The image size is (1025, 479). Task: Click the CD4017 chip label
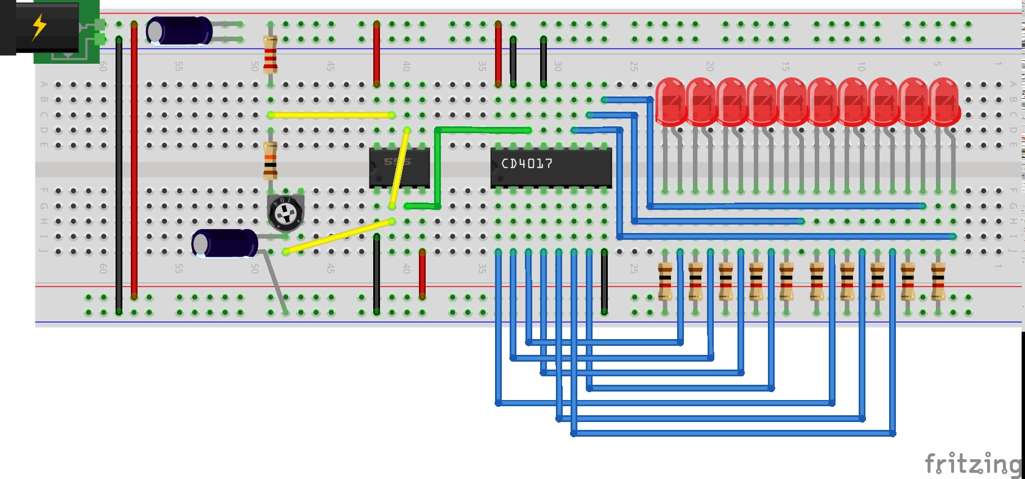(x=527, y=164)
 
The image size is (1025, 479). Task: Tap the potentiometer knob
(x=286, y=213)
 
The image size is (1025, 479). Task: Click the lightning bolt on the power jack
(x=39, y=27)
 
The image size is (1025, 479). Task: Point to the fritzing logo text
(x=973, y=464)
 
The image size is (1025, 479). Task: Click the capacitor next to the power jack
(x=179, y=30)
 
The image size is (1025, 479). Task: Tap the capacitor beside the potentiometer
(x=224, y=244)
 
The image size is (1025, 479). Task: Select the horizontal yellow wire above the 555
(x=331, y=115)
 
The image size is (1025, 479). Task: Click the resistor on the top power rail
(x=271, y=55)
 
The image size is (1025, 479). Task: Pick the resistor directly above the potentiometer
(x=271, y=161)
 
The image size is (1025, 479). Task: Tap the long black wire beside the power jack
(x=119, y=175)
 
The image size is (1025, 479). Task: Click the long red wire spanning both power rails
(x=134, y=161)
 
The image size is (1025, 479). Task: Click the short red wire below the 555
(x=422, y=274)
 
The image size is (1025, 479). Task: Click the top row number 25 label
(x=634, y=67)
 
